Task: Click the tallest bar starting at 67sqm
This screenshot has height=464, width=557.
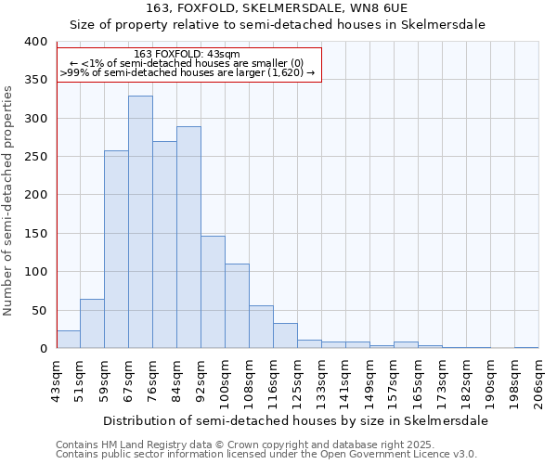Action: coord(140,222)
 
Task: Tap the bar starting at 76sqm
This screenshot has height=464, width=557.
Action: coord(164,245)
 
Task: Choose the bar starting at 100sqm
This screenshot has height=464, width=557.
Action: coord(237,306)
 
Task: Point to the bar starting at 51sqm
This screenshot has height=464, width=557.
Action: coord(92,324)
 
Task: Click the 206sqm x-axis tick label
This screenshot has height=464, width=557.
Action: coord(538,380)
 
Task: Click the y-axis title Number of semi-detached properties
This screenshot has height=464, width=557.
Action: coord(8,200)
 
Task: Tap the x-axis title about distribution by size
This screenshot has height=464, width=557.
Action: coord(295,420)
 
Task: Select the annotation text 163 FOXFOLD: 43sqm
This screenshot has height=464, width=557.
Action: coord(187,55)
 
